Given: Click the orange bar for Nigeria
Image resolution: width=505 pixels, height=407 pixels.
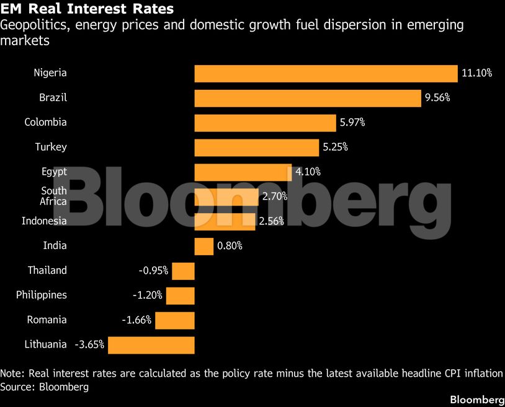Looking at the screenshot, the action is pyautogui.click(x=326, y=74).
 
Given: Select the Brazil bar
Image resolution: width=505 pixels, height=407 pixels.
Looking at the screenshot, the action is pyautogui.click(x=308, y=98).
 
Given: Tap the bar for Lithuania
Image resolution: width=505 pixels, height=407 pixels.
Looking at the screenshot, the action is pyautogui.click(x=151, y=345).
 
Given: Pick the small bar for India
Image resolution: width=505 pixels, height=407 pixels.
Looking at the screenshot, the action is pyautogui.click(x=204, y=247).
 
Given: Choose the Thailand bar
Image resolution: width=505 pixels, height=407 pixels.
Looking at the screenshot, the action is pyautogui.click(x=183, y=271).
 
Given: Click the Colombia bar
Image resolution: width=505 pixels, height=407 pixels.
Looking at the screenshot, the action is pyautogui.click(x=265, y=123).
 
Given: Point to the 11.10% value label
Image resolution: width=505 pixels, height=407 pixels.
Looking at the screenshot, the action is pyautogui.click(x=477, y=73).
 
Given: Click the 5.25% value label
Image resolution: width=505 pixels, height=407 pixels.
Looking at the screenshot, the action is pyautogui.click(x=335, y=147).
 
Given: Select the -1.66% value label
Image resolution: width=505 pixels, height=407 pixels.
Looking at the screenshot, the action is pyautogui.click(x=136, y=320).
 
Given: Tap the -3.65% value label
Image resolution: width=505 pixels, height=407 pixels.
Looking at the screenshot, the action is pyautogui.click(x=89, y=344).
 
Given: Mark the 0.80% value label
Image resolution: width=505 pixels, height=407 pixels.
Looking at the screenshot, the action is pyautogui.click(x=230, y=246).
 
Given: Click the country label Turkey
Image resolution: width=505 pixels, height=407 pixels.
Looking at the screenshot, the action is pyautogui.click(x=51, y=147).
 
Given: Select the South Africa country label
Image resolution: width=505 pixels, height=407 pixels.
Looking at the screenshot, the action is pyautogui.click(x=53, y=196).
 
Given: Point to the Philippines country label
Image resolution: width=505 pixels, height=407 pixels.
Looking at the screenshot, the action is pyautogui.click(x=42, y=295).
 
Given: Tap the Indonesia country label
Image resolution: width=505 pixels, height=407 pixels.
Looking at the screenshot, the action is pyautogui.click(x=44, y=221).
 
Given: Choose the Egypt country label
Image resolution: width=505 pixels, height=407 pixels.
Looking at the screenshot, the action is pyautogui.click(x=54, y=172).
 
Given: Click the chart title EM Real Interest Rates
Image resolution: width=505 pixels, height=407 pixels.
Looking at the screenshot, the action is pyautogui.click(x=87, y=9).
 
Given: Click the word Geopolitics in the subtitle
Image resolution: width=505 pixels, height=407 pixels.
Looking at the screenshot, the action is pyautogui.click(x=35, y=25).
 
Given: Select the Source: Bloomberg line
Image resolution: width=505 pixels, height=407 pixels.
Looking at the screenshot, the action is pyautogui.click(x=45, y=387).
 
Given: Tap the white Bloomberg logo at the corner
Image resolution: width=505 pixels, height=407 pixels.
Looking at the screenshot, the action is pyautogui.click(x=477, y=400).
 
